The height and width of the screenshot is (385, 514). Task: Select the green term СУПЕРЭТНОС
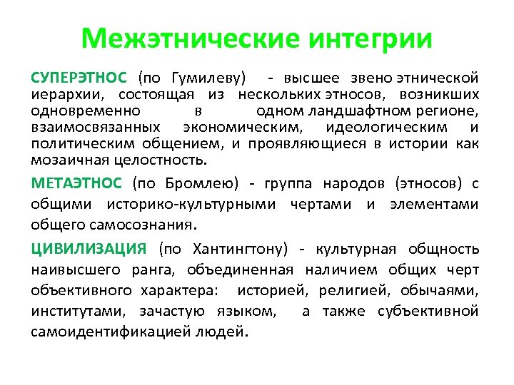pyautogui.click(x=79, y=77)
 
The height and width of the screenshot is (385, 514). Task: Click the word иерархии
pyautogui.click(x=60, y=94)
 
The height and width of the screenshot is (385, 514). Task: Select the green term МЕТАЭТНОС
pyautogui.click(x=78, y=183)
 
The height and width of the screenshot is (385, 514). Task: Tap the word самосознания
pyautogui.click(x=148, y=225)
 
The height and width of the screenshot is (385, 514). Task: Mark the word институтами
pyautogui.click(x=76, y=312)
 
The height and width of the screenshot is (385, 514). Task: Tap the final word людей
pyautogui.click(x=224, y=332)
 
